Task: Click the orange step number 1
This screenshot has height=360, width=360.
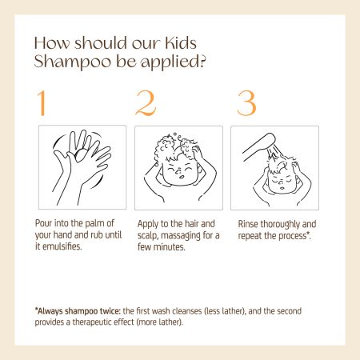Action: tap(42, 103)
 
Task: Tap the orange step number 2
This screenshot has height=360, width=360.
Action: tap(146, 103)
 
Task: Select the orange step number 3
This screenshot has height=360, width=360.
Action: tap(246, 103)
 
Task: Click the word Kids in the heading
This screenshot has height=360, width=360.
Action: tap(181, 42)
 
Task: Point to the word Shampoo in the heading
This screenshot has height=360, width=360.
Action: tap(73, 62)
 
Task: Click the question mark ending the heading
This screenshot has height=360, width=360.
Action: tap(202, 61)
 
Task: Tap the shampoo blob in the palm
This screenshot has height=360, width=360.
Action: tap(82, 155)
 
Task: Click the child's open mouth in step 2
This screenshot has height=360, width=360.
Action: tap(181, 177)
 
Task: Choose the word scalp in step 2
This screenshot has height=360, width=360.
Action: tap(147, 236)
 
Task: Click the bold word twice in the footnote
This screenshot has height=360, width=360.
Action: tap(110, 311)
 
